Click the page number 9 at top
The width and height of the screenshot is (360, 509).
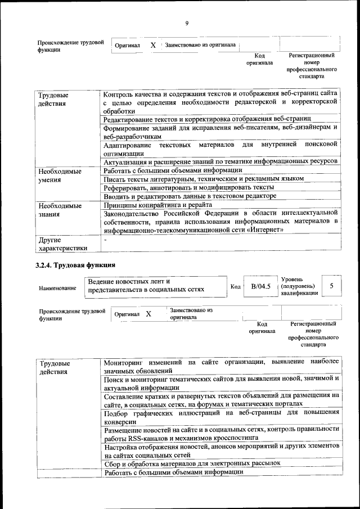(186, 23)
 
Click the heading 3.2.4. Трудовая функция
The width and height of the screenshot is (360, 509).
(76, 265)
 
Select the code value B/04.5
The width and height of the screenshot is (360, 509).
(261, 286)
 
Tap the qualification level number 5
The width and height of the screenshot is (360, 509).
(331, 286)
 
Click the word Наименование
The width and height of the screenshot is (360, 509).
(57, 288)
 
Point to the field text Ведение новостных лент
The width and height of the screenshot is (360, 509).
(129, 281)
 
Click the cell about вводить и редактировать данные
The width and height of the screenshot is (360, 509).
(190, 196)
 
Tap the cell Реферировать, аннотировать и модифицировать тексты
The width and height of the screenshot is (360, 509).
(188, 187)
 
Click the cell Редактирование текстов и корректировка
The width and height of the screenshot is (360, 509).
(207, 119)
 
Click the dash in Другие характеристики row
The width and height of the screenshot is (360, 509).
(105, 240)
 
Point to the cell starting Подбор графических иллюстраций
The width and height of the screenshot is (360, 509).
(221, 417)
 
